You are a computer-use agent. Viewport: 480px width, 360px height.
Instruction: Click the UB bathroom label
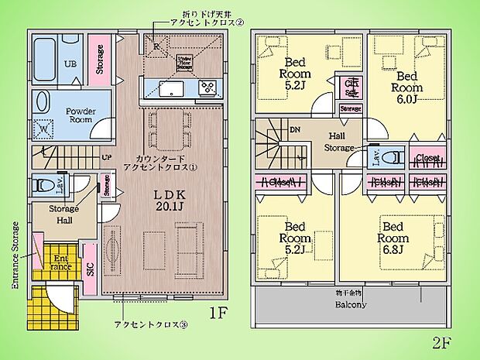69,63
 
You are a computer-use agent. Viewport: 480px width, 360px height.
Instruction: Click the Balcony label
350,304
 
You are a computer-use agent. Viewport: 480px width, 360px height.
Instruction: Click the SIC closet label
89,267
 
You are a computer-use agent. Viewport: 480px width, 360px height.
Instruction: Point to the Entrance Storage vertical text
15,255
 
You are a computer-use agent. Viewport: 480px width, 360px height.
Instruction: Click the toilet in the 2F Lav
392,157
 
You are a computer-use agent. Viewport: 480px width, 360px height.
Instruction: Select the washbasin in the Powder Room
43,102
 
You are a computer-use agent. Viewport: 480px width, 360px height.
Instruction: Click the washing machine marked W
44,129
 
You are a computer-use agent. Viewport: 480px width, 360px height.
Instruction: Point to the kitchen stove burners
207,87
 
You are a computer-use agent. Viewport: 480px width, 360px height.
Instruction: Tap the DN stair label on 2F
294,131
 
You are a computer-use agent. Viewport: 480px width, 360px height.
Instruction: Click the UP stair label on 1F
105,157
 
